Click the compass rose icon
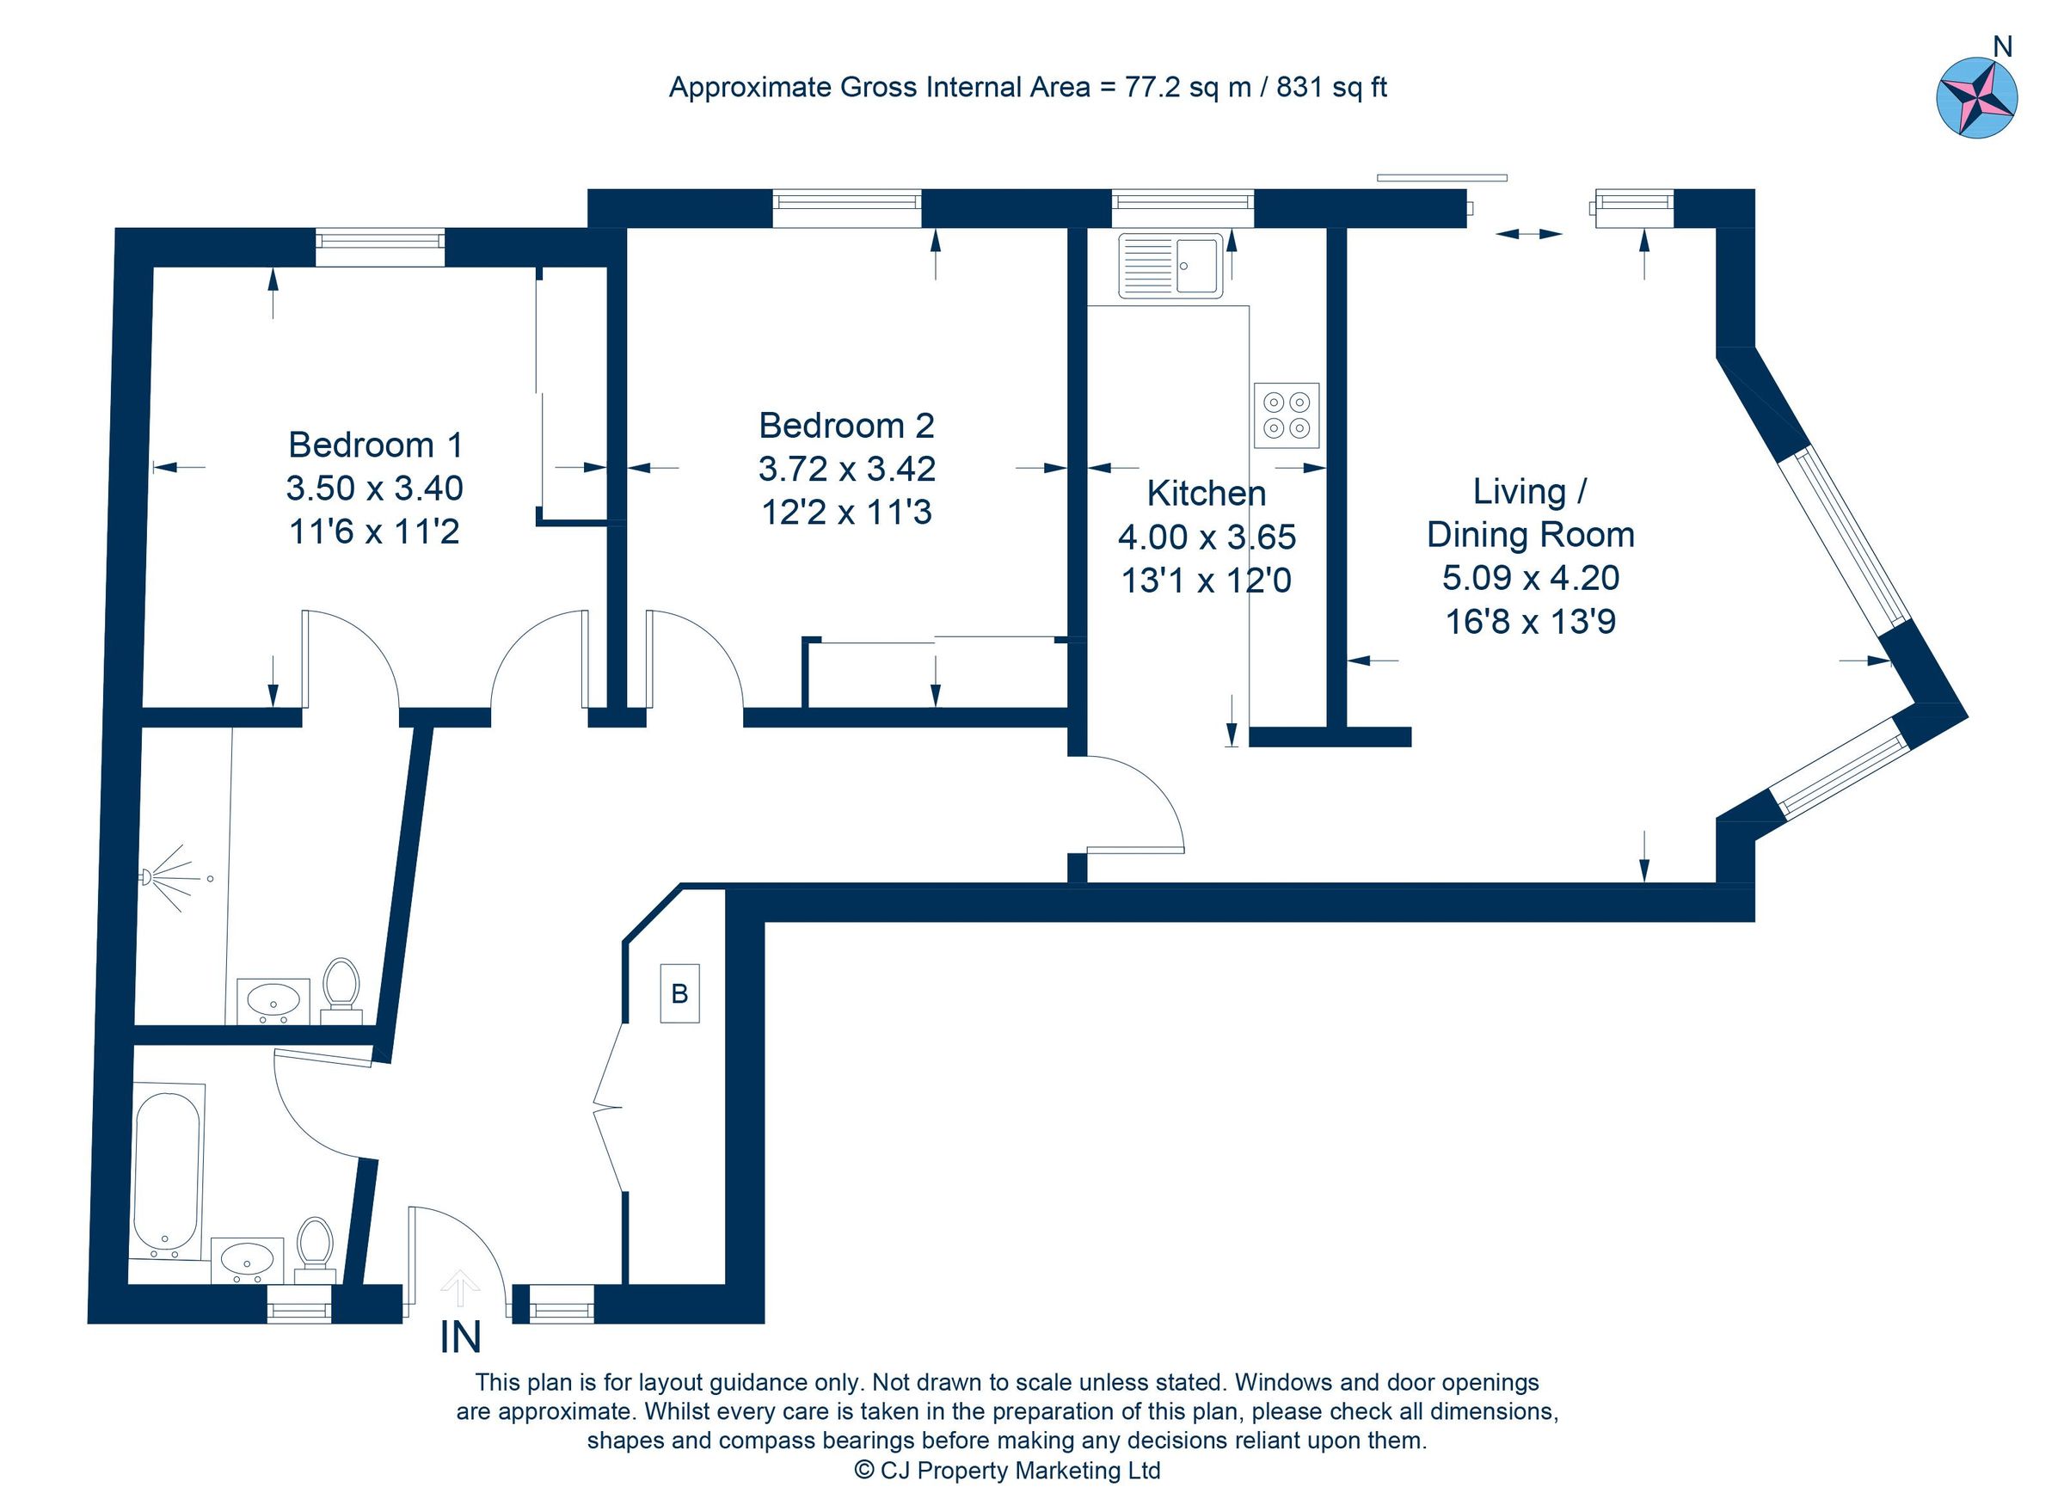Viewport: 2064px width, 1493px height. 1976,97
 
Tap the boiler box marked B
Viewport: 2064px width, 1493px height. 679,993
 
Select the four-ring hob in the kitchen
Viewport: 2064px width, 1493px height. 1286,415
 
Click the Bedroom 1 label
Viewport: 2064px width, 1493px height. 375,445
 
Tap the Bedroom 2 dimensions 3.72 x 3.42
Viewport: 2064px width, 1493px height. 846,469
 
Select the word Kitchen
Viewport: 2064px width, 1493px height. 1206,493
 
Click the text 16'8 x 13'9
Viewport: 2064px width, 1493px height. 1530,622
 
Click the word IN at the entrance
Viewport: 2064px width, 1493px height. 460,1337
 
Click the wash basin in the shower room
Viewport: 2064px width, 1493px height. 273,1000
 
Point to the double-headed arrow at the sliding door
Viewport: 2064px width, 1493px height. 1529,234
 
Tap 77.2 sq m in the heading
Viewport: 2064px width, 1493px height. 1189,88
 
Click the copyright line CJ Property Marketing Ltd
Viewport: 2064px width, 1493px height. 1007,1471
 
